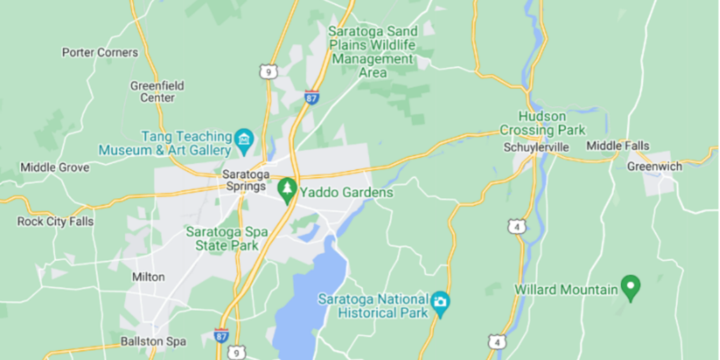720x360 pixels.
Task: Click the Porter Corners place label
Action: [x=100, y=52]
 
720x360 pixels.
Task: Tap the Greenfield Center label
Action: [x=157, y=91]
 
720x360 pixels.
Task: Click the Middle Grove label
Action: [x=55, y=167]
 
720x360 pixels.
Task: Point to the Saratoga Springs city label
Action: [x=244, y=180]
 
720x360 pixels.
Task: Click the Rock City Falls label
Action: [x=56, y=221]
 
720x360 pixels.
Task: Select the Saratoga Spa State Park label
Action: [x=221, y=238]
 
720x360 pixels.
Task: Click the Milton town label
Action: [x=148, y=277]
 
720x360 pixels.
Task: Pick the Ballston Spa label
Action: [x=153, y=342]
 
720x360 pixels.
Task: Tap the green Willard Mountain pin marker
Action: [x=631, y=288]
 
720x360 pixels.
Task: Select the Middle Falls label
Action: [x=618, y=146]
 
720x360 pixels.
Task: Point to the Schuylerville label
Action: [x=536, y=148]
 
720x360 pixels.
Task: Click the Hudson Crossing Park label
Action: [x=542, y=123]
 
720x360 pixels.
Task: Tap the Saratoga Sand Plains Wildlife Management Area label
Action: [x=373, y=52]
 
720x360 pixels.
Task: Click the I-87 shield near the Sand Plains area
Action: [x=311, y=97]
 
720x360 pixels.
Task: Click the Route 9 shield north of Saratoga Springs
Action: [x=266, y=71]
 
